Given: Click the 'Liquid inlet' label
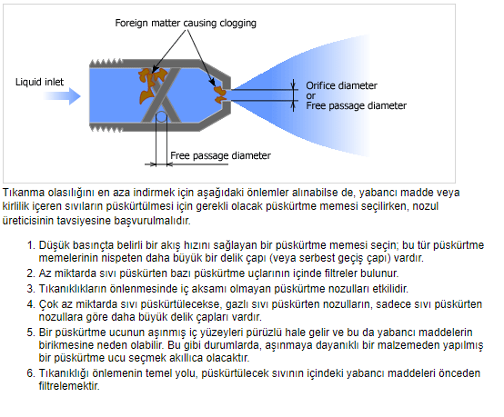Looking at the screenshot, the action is (39, 82).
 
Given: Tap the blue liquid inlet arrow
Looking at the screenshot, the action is (62, 96).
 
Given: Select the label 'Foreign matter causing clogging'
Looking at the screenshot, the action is (186, 23).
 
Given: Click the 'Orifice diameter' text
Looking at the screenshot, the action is (341, 85).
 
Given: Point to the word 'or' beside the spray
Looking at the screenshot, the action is (310, 96).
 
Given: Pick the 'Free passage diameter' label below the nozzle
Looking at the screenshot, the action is (220, 155).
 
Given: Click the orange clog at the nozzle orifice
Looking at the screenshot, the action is (220, 94).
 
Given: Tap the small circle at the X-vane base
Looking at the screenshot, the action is (161, 116).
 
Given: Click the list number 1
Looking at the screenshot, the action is (31, 245).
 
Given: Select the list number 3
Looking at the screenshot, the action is (31, 289).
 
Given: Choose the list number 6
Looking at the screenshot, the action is (31, 373).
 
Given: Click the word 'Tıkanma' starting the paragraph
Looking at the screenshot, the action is (24, 193).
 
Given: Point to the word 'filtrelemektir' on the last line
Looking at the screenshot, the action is (68, 386).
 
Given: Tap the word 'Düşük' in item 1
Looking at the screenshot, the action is (54, 245).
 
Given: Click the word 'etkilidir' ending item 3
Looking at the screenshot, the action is (390, 289).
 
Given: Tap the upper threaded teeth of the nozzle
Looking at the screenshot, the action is (106, 63).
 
